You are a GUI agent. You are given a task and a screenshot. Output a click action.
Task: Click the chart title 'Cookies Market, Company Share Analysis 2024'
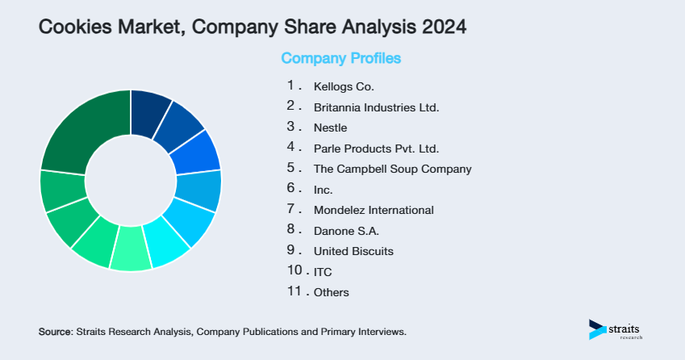252,27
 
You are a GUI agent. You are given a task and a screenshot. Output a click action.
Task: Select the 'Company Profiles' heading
340,58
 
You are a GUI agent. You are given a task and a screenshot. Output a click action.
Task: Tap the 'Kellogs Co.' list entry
345,86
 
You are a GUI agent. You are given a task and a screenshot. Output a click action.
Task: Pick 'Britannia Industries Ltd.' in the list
376,107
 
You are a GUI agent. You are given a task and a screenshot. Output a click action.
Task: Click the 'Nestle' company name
330,128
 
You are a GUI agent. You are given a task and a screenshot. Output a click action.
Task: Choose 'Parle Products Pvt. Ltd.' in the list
376,149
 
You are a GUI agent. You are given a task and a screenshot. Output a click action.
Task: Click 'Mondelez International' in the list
374,210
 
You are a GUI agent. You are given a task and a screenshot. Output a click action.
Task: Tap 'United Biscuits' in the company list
353,251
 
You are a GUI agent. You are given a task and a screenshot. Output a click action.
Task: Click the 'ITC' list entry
323,272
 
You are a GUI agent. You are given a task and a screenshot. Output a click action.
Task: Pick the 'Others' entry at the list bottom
331,292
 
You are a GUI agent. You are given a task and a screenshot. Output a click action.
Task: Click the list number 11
294,291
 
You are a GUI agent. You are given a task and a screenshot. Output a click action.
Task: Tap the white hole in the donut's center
131,180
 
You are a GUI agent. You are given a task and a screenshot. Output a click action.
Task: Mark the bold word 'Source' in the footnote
55,332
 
